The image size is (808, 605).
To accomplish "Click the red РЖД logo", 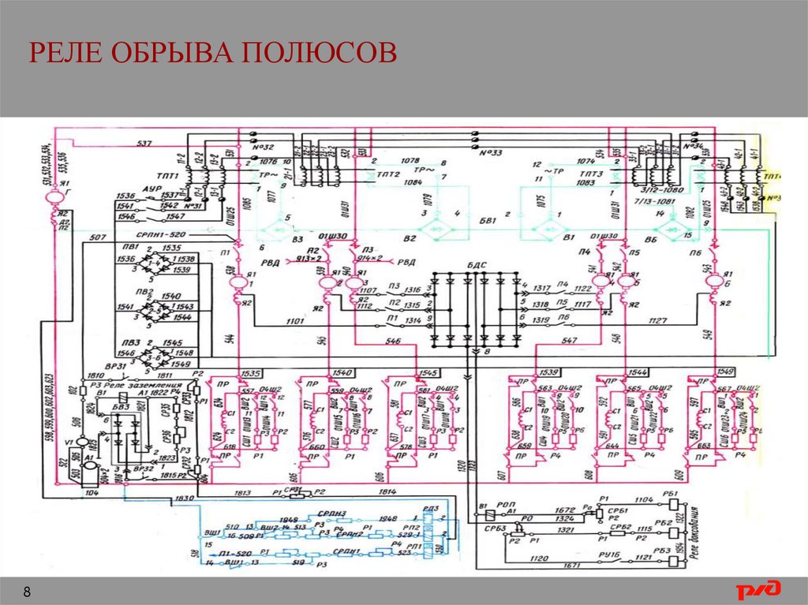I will (758, 589).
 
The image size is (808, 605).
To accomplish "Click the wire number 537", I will (144, 144).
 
